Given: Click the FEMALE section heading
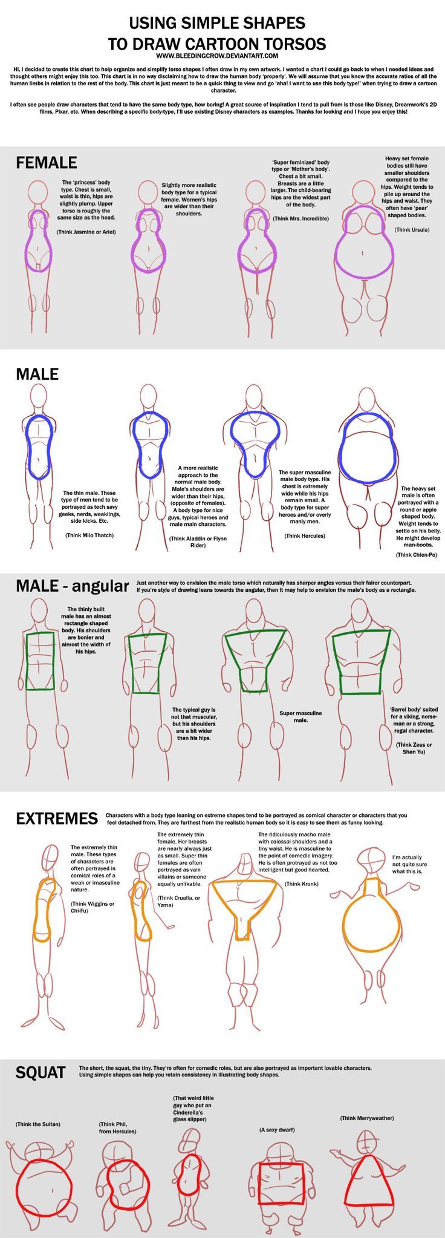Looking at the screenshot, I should (x=46, y=162).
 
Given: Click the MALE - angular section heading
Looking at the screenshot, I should (x=72, y=586).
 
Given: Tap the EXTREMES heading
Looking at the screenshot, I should (x=56, y=818).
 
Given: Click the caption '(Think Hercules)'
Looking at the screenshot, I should (x=305, y=535).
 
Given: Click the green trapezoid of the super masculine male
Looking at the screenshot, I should (x=254, y=657).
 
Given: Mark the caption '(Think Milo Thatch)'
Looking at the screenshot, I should (x=89, y=535).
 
